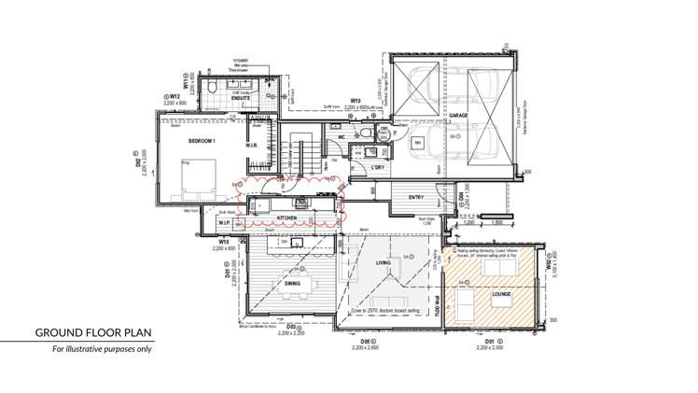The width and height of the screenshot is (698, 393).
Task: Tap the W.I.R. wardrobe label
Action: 252,145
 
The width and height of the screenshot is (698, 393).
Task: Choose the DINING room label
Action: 291,284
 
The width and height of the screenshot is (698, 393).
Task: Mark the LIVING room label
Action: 383,263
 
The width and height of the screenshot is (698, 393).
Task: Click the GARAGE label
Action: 458,117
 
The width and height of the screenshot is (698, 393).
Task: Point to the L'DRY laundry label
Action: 378,167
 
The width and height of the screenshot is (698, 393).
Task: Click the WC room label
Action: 342,137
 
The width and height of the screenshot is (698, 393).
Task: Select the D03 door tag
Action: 291,328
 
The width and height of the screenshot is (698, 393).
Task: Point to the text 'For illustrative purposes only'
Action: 101,350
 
